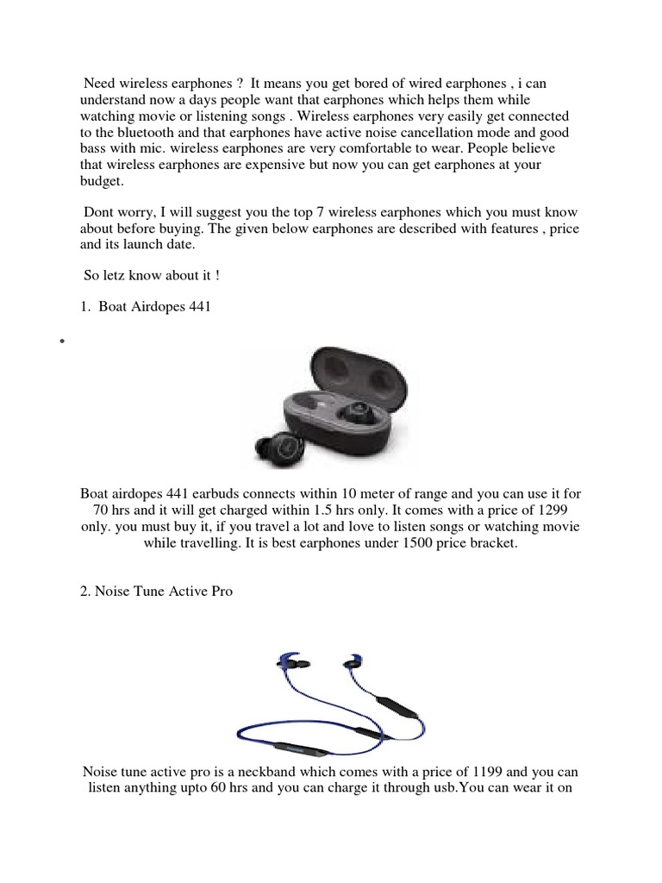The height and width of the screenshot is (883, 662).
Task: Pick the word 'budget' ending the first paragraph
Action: [x=101, y=182]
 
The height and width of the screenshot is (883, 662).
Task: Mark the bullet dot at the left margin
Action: [x=63, y=342]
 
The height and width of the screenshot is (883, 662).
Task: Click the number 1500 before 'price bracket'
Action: [x=414, y=544]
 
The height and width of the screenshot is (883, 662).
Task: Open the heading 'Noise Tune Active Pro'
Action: [x=156, y=592]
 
